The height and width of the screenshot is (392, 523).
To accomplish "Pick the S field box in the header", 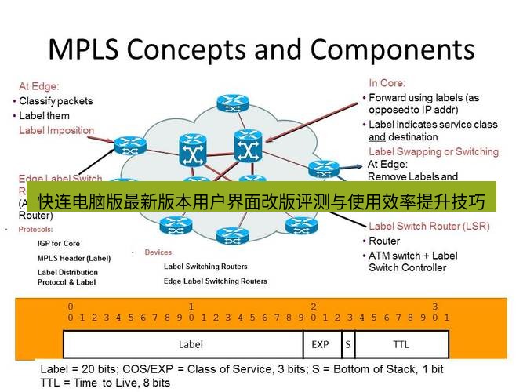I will [x=347, y=344].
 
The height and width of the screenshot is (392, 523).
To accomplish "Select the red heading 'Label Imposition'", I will [x=56, y=130].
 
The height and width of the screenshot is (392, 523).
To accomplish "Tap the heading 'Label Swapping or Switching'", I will [x=433, y=151].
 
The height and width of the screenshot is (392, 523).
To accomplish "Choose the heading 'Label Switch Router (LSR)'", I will [x=429, y=227].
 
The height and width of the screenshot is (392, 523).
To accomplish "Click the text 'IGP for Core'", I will [x=59, y=244].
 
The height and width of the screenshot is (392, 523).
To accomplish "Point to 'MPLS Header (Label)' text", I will [x=74, y=258].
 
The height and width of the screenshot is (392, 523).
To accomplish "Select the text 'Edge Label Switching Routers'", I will [x=215, y=281].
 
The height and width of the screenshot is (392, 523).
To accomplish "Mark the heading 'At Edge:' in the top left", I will [x=39, y=86].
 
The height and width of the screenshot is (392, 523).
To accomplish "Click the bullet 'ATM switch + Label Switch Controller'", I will [x=412, y=261].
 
